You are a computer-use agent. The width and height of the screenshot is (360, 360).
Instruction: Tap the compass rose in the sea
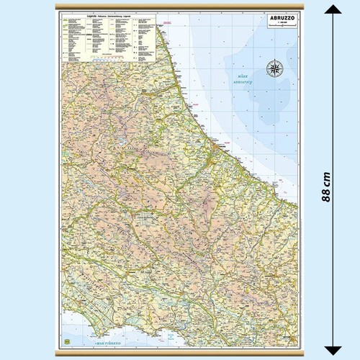(x=274, y=68)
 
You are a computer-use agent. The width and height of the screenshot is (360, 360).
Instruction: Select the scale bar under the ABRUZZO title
(x=274, y=29)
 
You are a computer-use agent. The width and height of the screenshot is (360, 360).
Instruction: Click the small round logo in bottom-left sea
(x=66, y=341)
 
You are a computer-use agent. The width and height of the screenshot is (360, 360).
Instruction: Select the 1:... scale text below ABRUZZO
(x=274, y=24)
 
